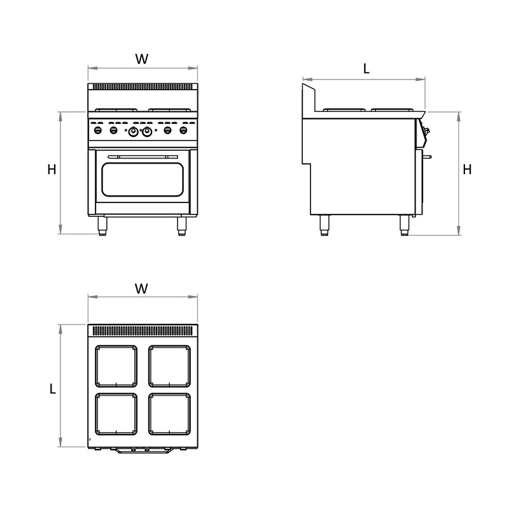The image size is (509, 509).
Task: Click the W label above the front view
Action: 142,59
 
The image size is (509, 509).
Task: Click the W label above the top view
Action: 141,289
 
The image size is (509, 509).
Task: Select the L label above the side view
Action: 366,69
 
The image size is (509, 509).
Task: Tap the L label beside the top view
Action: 53,389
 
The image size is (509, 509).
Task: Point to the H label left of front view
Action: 52,169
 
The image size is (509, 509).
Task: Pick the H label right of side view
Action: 467,169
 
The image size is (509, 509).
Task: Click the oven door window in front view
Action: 143,179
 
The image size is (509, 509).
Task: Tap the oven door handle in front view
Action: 143,157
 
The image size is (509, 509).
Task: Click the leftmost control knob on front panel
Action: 98,130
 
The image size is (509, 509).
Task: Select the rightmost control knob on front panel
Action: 183,130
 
